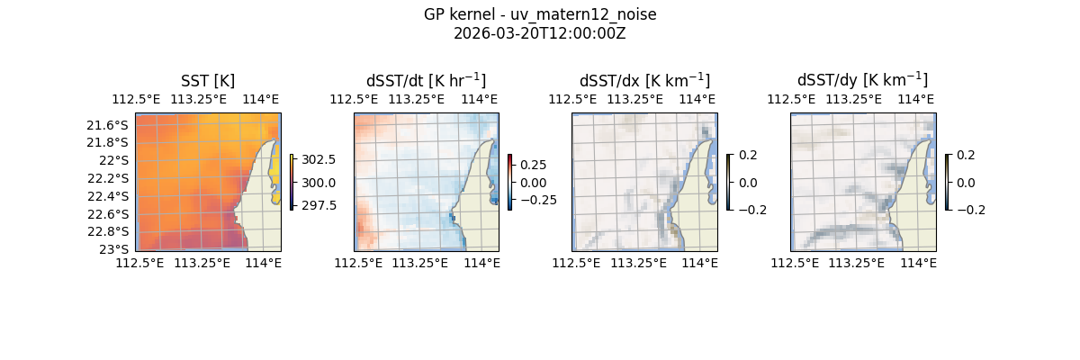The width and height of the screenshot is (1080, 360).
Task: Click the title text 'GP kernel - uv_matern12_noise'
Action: tap(540, 14)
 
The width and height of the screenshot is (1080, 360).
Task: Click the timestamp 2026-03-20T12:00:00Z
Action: tap(540, 33)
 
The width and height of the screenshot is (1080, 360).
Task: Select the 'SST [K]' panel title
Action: tap(208, 81)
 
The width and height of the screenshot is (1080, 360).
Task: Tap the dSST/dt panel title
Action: tap(426, 81)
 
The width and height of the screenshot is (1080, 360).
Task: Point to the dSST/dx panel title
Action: tap(644, 81)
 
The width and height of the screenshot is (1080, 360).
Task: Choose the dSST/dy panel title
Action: tap(862, 81)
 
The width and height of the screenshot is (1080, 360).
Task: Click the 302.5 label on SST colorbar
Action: tap(319, 159)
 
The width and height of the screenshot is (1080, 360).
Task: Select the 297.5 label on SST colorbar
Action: tap(319, 205)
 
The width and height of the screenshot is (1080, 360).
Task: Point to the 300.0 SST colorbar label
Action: tap(319, 183)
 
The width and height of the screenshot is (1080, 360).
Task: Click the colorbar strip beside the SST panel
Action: tap(292, 182)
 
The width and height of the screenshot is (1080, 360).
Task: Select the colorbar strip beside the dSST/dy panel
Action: tap(948, 182)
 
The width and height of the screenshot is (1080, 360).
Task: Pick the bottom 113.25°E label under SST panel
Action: tap(202, 263)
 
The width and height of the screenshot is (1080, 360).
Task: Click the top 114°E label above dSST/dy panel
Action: tap(916, 99)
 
